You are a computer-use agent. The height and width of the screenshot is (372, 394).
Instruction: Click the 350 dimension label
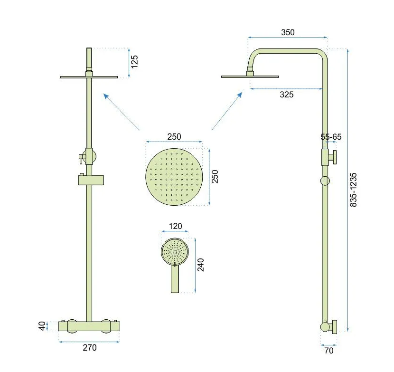(x=288, y=32)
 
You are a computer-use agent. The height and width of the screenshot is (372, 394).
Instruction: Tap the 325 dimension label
(x=287, y=95)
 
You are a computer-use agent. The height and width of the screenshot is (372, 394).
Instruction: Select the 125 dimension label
(x=134, y=62)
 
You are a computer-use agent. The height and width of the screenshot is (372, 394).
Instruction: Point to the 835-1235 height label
(x=353, y=190)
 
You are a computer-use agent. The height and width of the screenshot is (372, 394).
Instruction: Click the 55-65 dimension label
(x=331, y=137)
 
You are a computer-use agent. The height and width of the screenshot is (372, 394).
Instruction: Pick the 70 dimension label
(x=328, y=351)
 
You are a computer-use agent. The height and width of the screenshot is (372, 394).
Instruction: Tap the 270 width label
(x=90, y=348)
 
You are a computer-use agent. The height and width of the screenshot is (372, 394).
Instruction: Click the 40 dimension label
(x=42, y=326)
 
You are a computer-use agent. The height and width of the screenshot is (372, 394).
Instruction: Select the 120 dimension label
(x=175, y=226)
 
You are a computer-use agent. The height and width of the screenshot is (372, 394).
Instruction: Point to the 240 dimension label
(x=200, y=265)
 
